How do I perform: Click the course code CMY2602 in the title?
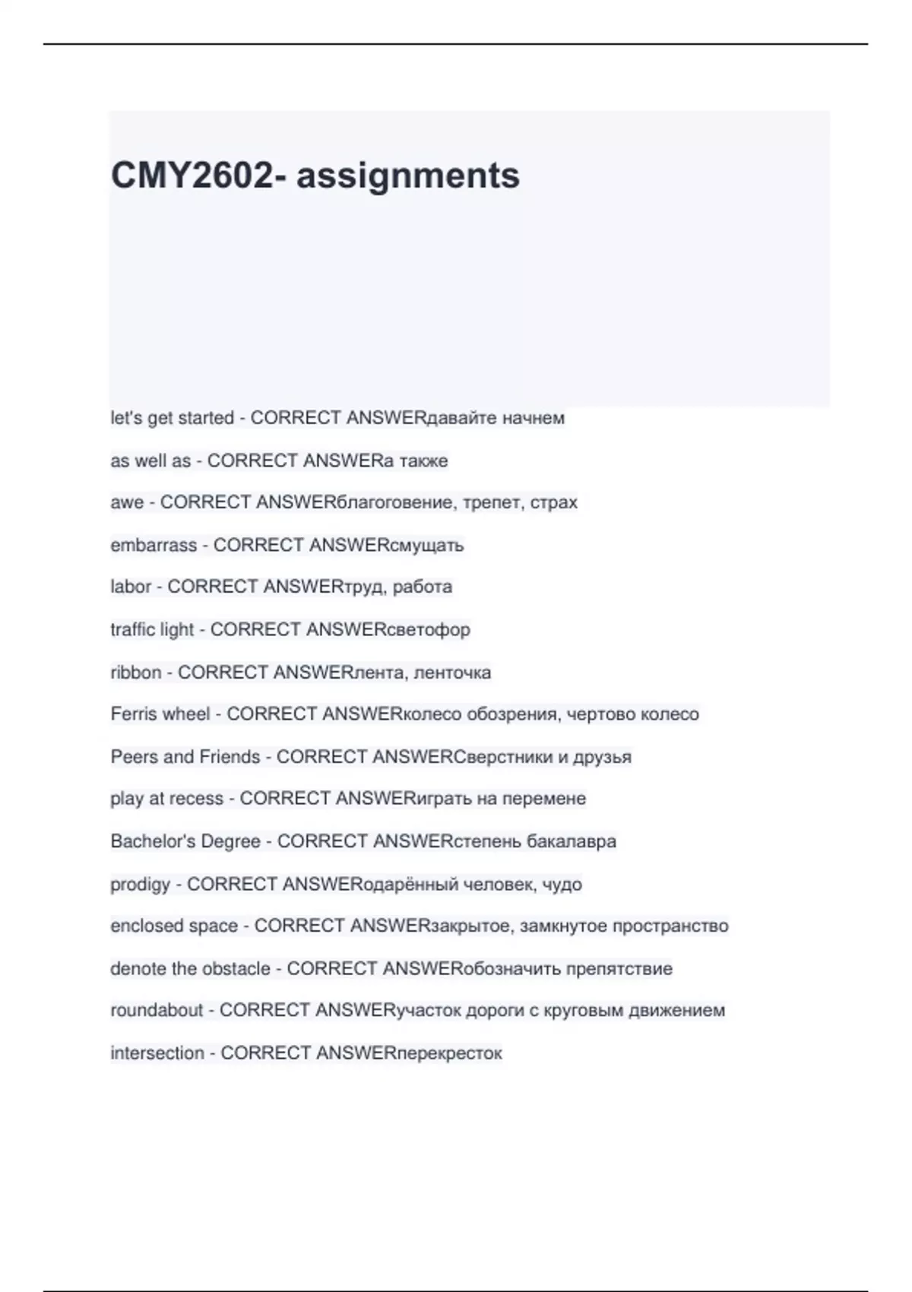(192, 176)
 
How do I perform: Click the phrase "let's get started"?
(172, 418)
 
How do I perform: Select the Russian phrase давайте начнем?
(496, 418)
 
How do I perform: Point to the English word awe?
(127, 502)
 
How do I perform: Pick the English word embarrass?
(154, 545)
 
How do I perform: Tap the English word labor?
(131, 587)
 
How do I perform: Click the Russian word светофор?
(429, 629)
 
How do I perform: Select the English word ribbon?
(136, 673)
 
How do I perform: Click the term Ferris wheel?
(160, 714)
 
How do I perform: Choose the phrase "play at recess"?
(166, 799)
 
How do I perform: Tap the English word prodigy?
(141, 885)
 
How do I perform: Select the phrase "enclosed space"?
(174, 926)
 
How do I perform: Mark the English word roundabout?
(157, 1010)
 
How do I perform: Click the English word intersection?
(157, 1053)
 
